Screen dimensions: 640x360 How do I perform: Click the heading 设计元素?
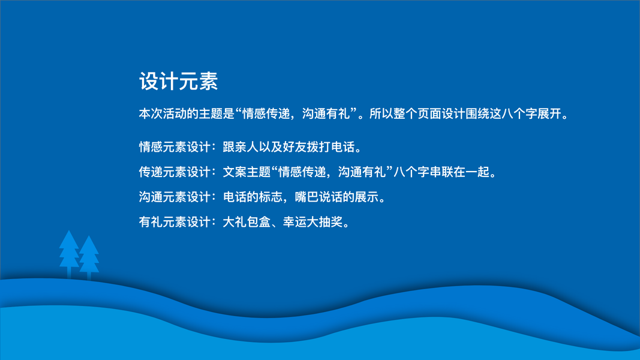pos(178,81)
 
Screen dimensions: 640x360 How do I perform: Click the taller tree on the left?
pos(69,254)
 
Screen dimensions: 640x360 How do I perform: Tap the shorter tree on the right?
pos(89,257)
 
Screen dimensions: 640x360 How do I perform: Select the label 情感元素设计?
pos(175,147)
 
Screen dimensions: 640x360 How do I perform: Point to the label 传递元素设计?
pos(175,172)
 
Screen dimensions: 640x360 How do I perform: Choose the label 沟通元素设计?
pos(175,197)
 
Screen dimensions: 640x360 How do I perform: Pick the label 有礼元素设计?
pos(175,221)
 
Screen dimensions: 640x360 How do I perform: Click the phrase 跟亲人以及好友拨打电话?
pos(289,147)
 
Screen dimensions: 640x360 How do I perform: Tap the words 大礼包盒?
pos(247,221)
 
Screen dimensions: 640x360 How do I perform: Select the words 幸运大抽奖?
pos(313,221)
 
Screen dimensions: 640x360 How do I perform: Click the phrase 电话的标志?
pos(253,197)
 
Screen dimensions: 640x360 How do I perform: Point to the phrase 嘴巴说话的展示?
pos(336,197)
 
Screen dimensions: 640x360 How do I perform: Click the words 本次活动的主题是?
pos(187,113)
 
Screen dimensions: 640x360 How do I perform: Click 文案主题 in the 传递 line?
pos(247,172)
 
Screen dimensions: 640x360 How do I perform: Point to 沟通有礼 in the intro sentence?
pos(326,113)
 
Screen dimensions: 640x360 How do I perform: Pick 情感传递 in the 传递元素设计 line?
pos(302,172)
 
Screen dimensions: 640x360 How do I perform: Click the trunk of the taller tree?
pos(69,272)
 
